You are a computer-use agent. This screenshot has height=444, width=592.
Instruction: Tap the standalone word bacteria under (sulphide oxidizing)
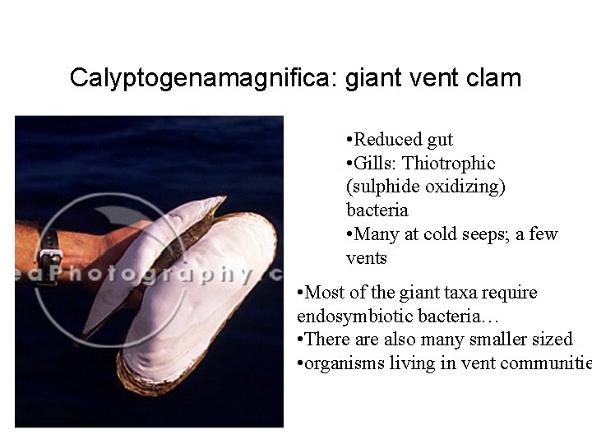pos(377,210)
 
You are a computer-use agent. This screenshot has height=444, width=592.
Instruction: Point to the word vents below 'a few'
pos(367,257)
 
